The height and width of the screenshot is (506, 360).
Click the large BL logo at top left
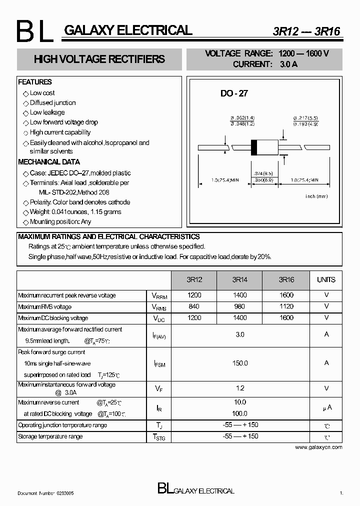[33, 32]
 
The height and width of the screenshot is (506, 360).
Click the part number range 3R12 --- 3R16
[306, 31]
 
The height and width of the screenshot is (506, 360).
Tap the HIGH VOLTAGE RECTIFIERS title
[99, 59]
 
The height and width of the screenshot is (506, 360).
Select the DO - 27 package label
[234, 93]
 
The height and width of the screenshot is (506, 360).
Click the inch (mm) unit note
[316, 196]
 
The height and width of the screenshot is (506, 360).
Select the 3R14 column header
[240, 280]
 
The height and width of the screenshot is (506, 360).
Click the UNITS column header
[326, 280]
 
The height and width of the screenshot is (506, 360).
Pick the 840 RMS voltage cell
[194, 306]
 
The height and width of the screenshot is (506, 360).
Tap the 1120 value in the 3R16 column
[286, 306]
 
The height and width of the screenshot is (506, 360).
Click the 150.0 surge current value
[240, 363]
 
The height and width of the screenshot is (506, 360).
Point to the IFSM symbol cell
[159, 364]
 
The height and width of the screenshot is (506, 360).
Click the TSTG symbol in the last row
[159, 437]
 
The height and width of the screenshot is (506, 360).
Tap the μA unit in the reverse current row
[326, 408]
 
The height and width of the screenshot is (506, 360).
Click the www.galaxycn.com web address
[318, 447]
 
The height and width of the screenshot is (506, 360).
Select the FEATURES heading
[35, 82]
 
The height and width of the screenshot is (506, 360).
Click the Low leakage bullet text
[47, 112]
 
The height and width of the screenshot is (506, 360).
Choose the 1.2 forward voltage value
[240, 388]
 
